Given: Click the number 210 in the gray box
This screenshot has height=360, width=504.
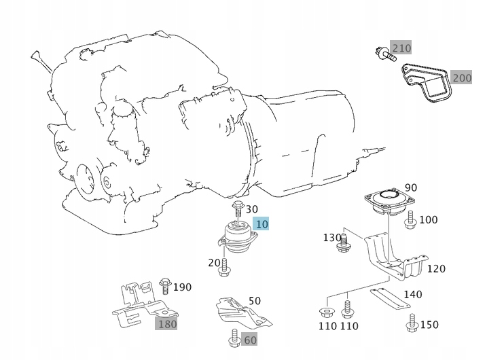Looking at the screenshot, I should [x=401, y=48].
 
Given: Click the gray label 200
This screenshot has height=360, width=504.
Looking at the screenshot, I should [x=461, y=78].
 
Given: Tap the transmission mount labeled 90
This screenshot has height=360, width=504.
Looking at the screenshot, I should [x=389, y=200].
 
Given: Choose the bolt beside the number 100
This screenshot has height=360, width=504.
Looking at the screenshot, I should [x=410, y=220].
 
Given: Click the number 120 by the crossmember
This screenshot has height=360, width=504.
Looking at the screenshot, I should [x=436, y=269].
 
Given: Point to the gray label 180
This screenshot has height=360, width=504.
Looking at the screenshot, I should [x=166, y=324].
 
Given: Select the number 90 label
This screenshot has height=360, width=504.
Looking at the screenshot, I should [x=411, y=187].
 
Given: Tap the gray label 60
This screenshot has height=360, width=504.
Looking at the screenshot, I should [x=250, y=339].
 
